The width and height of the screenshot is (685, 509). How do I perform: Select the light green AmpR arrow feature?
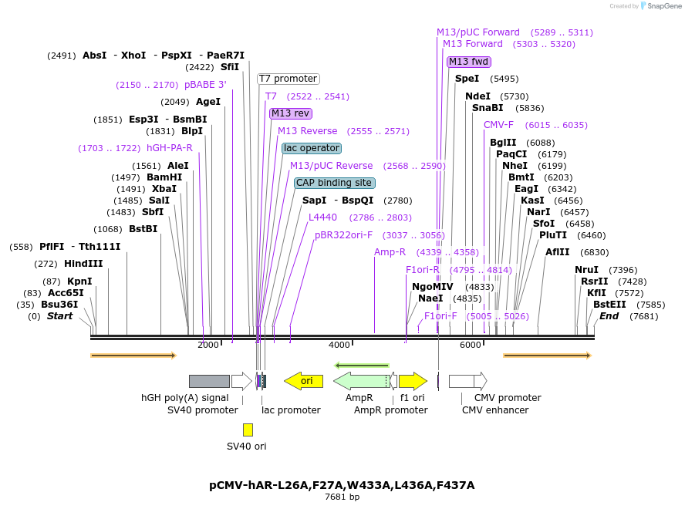[360, 381]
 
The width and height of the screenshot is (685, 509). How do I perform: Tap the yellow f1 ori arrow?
[413, 381]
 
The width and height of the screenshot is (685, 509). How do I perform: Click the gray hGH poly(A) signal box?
[209, 381]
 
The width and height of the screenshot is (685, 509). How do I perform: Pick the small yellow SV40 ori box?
[248, 430]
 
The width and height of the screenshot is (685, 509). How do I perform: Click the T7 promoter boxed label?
[288, 79]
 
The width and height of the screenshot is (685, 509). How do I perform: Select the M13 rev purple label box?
[291, 113]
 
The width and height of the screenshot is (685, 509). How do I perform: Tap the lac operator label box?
[311, 148]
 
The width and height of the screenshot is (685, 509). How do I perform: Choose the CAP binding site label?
[334, 183]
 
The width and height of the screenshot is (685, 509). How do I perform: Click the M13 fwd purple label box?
[468, 62]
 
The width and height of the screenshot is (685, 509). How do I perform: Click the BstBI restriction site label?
[143, 229]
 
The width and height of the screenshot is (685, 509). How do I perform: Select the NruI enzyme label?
[586, 270]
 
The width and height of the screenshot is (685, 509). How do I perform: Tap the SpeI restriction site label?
[467, 79]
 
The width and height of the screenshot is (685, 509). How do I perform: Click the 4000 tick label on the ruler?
[339, 345]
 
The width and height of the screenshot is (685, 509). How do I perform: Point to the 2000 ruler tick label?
[208, 345]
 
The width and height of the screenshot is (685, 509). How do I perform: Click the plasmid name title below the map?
[342, 485]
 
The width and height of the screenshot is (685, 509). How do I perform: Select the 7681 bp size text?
[342, 497]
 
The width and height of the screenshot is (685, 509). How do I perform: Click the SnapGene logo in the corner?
[657, 6]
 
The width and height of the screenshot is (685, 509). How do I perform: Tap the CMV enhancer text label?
[495, 410]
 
